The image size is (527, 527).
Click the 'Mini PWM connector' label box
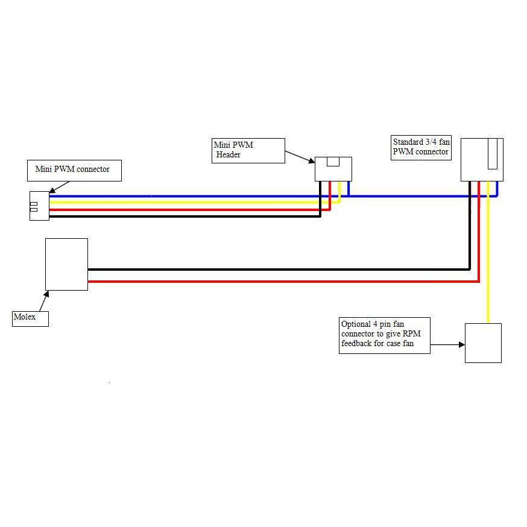pyautogui.click(x=74, y=170)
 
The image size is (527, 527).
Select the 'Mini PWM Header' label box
pyautogui.click(x=248, y=150)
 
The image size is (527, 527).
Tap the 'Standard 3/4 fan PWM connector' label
pyautogui.click(x=421, y=147)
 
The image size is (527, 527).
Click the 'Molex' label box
pyautogui.click(x=30, y=318)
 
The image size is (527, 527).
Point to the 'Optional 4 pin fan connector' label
pyautogui.click(x=385, y=335)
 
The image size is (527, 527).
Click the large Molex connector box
pyautogui.click(x=66, y=264)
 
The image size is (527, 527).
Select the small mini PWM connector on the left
pyautogui.click(x=39, y=206)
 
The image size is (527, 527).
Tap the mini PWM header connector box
pyautogui.click(x=333, y=169)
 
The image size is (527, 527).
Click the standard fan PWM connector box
pyautogui.click(x=481, y=160)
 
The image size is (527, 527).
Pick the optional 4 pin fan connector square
pyautogui.click(x=483, y=343)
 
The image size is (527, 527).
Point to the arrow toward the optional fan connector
pyautogui.click(x=447, y=345)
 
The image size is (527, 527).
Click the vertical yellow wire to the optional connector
pyautogui.click(x=488, y=259)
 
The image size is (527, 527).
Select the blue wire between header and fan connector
pyautogui.click(x=410, y=196)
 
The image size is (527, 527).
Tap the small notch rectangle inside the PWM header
pyautogui.click(x=333, y=161)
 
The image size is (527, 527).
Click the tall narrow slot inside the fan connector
pyautogui.click(x=493, y=154)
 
